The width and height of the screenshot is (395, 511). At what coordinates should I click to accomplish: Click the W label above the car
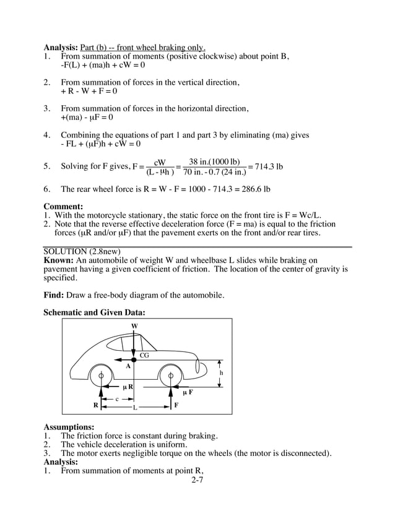pos(134,325)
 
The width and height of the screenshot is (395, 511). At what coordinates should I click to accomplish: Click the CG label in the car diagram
pos(144,355)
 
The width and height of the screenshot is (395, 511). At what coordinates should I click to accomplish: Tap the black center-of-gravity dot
pos(134,359)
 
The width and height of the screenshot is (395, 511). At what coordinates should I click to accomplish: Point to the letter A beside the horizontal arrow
pos(128,366)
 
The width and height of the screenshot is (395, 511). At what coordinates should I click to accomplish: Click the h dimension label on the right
pos(221,373)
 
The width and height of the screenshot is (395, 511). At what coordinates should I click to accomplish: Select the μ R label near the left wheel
pos(128,387)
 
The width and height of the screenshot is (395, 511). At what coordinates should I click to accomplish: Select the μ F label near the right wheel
pos(187,392)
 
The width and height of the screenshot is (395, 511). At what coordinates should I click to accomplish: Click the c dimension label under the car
pos(116,399)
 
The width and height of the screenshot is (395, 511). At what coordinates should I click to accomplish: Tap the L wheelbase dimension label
pos(134,408)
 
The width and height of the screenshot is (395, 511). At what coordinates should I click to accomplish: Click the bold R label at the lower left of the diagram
pos(96,406)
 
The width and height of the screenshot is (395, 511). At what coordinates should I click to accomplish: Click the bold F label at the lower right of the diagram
pos(176,406)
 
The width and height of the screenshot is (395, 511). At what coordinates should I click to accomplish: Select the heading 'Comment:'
pos(63,207)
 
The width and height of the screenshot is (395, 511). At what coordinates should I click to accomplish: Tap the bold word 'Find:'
pos(55,295)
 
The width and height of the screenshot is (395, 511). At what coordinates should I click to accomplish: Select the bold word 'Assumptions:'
pos(69,427)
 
